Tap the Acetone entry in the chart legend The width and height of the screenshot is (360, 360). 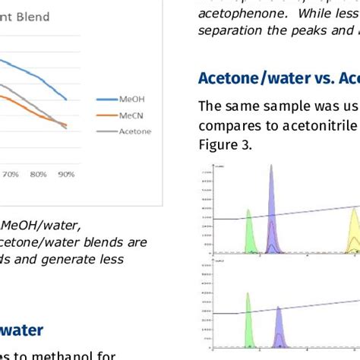tap(134, 131)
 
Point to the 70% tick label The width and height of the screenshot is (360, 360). tap(11, 174)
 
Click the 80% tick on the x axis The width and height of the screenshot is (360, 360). tap(39, 174)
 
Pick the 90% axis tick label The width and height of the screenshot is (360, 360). tap(66, 174)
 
